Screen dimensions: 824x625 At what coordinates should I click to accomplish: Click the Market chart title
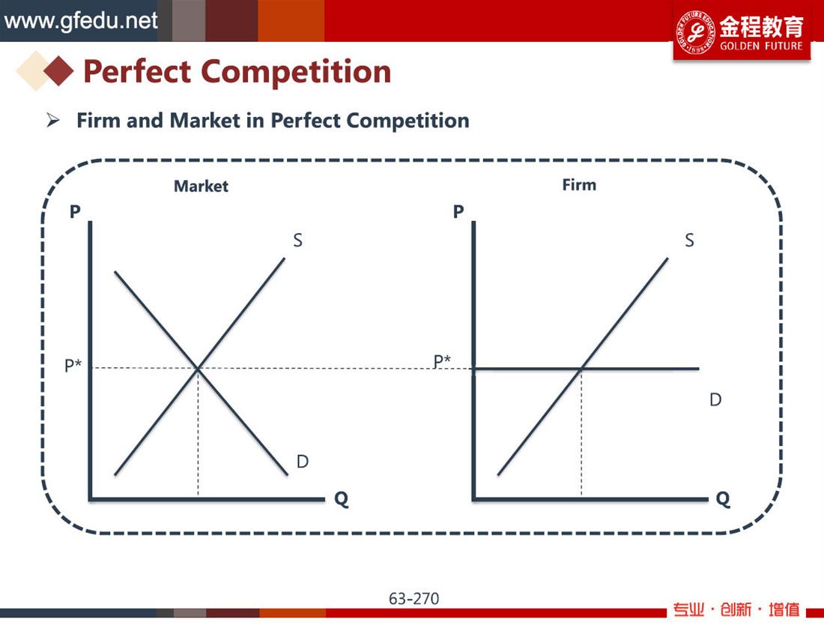201,186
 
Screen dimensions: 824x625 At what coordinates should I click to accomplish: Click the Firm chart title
579,185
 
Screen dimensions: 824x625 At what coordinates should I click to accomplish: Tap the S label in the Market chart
297,241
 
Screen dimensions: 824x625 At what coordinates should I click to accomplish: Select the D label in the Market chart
302,462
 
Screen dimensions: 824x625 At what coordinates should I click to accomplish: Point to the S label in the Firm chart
689,241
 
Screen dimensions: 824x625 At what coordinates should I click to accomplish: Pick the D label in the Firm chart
715,399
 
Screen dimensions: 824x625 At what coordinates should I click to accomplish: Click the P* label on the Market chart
73,365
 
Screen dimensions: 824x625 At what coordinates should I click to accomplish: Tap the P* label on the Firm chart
442,361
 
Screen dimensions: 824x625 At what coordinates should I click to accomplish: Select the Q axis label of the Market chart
342,498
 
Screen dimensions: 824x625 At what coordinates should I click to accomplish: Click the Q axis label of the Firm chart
723,498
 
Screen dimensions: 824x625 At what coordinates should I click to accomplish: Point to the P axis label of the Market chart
75,211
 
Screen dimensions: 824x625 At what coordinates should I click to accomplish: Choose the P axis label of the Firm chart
458,211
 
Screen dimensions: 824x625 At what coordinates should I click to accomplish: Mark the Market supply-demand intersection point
198,369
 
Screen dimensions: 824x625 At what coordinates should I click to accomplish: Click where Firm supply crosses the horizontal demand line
581,369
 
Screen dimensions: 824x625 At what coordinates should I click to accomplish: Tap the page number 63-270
413,599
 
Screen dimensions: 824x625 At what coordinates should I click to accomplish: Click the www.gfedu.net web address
80,21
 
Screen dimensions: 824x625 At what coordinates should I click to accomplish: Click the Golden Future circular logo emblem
695,32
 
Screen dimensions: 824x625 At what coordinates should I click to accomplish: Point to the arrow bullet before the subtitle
52,121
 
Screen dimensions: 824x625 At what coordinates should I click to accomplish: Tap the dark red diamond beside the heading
58,71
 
